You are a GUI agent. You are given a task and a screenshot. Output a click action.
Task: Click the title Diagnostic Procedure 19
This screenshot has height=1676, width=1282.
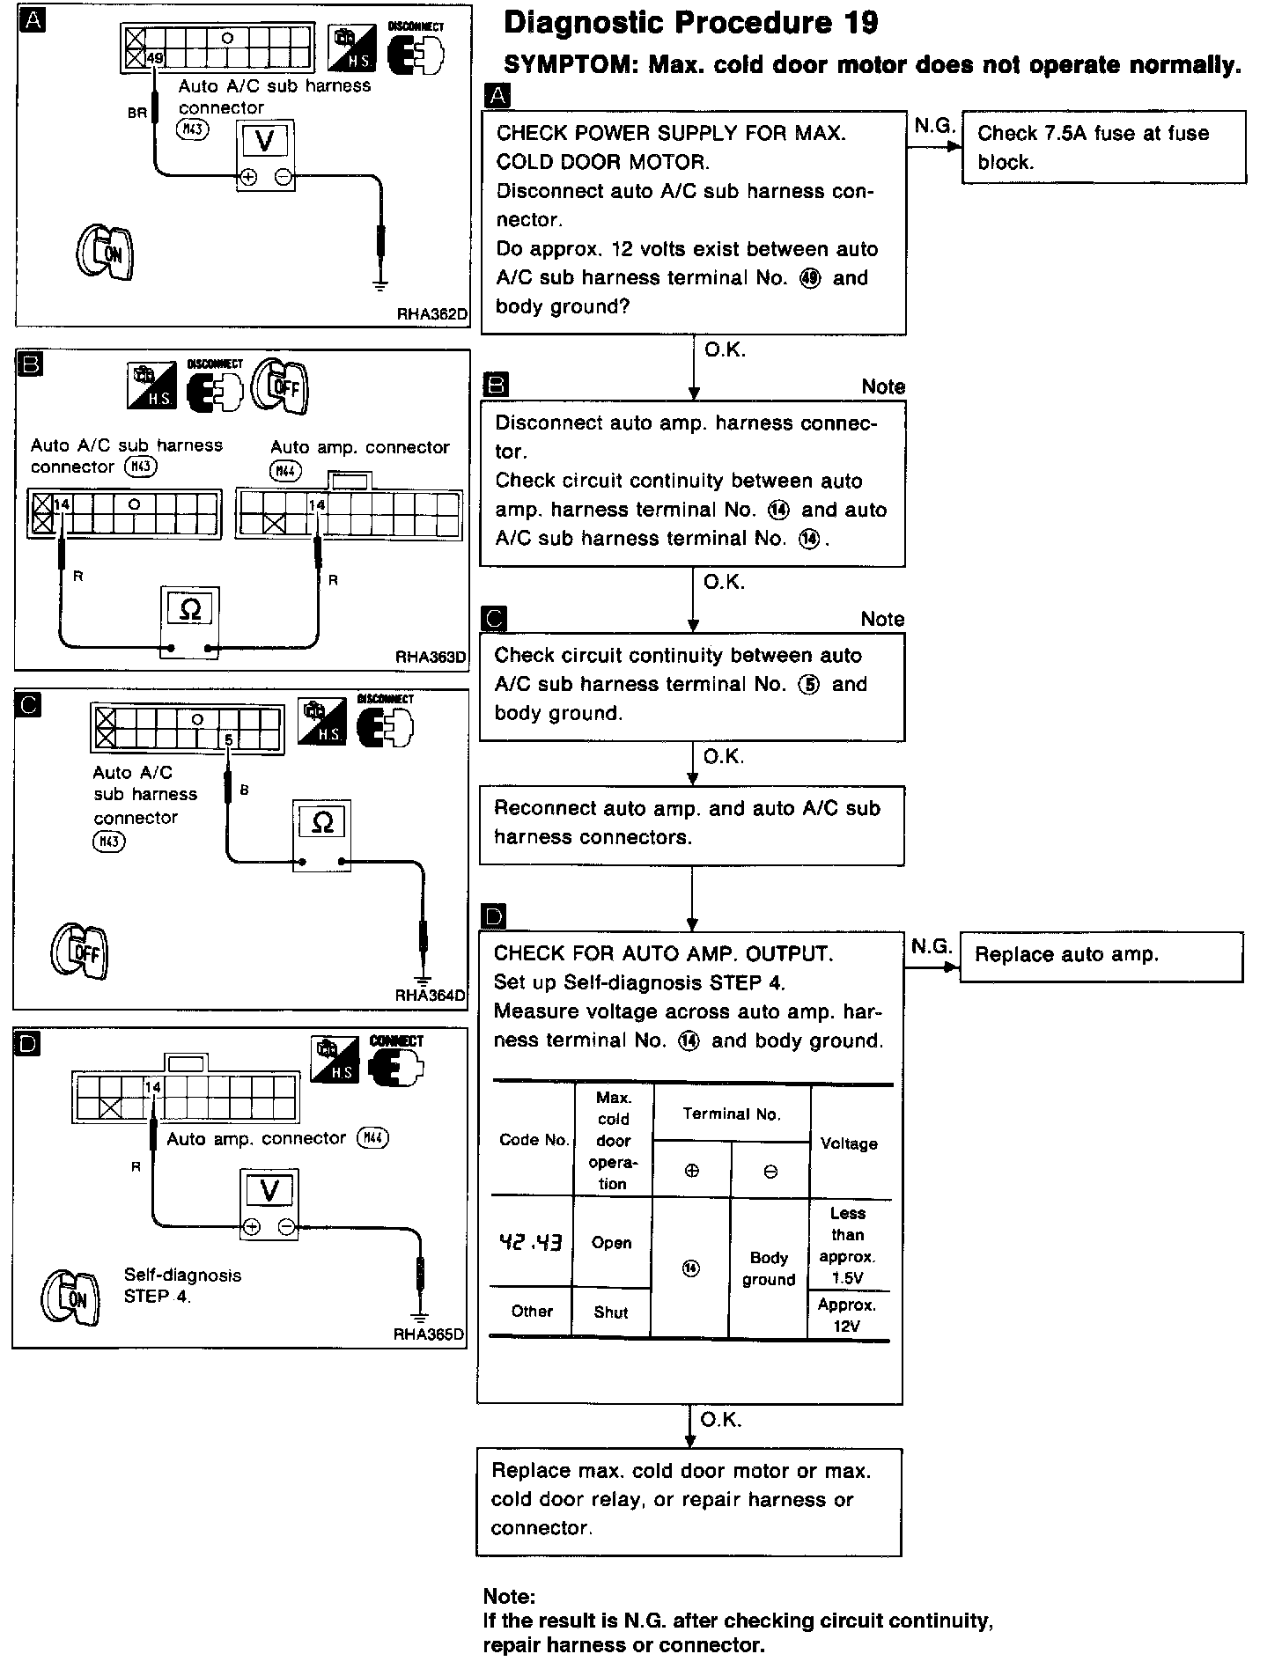point(690,24)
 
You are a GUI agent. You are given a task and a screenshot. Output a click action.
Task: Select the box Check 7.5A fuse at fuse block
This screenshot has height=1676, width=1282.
point(1103,147)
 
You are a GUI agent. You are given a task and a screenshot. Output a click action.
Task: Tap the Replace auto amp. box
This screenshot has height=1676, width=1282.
point(1101,955)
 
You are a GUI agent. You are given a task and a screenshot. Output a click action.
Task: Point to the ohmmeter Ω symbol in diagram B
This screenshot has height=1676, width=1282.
point(190,609)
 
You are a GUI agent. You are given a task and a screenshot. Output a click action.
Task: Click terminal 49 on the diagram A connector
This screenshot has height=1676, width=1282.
point(156,60)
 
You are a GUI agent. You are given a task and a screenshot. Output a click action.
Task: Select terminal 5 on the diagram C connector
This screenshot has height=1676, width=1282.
point(228,740)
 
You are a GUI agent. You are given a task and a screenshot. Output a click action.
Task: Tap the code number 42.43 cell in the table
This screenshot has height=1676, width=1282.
point(531,1243)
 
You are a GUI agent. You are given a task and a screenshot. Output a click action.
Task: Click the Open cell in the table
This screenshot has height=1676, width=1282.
point(612,1243)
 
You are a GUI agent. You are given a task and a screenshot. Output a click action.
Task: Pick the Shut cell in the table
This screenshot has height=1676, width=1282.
point(611,1312)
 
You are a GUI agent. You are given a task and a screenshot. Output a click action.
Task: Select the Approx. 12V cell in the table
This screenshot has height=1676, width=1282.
point(847,1315)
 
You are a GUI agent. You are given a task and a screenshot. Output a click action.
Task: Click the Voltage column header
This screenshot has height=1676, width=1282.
point(849,1143)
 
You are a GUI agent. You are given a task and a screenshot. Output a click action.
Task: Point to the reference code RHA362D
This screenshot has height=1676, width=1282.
point(431,314)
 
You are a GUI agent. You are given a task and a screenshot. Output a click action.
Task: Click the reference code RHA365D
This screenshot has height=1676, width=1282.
point(429,1334)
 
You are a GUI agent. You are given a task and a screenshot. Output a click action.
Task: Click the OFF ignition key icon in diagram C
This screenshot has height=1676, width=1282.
point(80,952)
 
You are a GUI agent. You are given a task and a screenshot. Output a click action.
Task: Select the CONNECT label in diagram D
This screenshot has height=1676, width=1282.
point(396,1040)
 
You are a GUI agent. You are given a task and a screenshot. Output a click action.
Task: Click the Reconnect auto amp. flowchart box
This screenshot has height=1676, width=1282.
point(691,823)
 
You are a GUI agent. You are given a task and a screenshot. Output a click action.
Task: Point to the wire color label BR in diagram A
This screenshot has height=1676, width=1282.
point(136,113)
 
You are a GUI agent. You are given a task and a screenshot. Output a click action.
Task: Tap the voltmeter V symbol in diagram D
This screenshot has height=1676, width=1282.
point(269,1191)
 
